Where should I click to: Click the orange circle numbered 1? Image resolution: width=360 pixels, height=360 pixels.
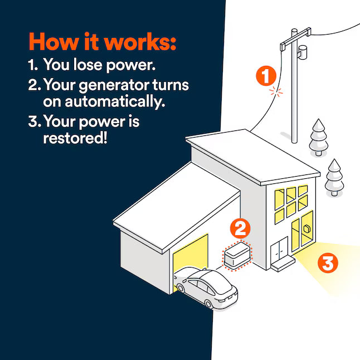pyautogui.click(x=266, y=76)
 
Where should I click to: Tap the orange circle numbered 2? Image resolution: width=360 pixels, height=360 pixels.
pyautogui.click(x=241, y=227)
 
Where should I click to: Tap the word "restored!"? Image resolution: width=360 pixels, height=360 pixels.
pyautogui.click(x=74, y=138)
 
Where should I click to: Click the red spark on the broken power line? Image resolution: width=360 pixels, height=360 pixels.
pyautogui.click(x=273, y=91)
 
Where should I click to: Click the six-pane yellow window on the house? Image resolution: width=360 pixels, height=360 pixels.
pyautogui.click(x=291, y=202)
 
